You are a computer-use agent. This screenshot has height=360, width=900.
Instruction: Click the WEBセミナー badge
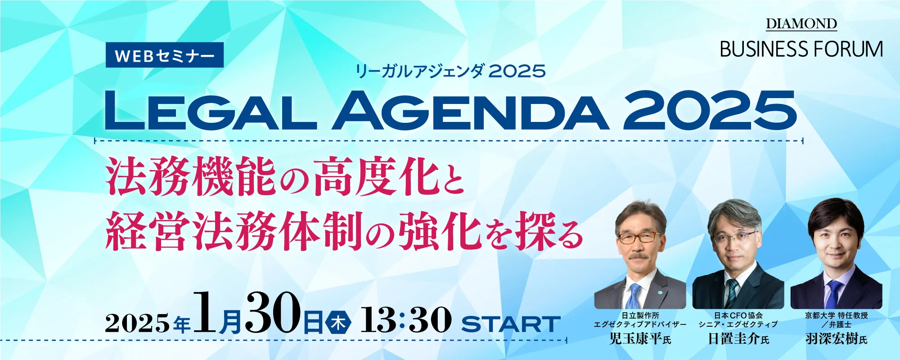click(165, 55)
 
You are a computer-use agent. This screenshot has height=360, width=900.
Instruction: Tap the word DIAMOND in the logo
click(801, 23)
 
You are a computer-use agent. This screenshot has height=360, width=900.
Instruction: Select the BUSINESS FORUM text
click(801, 49)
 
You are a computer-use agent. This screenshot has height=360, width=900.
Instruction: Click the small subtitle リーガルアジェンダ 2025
click(450, 71)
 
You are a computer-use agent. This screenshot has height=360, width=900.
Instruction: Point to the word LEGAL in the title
click(211, 111)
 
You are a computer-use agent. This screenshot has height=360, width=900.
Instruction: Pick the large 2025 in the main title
click(710, 111)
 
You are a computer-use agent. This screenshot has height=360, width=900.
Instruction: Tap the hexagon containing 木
click(338, 323)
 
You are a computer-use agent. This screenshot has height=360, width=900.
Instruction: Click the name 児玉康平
click(635, 338)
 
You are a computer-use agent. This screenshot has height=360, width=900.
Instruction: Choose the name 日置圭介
click(734, 338)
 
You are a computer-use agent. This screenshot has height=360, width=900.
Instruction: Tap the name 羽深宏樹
click(832, 338)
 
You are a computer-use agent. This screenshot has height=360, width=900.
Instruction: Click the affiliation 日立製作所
click(640, 315)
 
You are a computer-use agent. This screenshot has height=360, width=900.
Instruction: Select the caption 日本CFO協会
click(738, 315)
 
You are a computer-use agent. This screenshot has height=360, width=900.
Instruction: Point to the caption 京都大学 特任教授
click(837, 315)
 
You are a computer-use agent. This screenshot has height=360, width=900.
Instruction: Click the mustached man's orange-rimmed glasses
click(639, 237)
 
